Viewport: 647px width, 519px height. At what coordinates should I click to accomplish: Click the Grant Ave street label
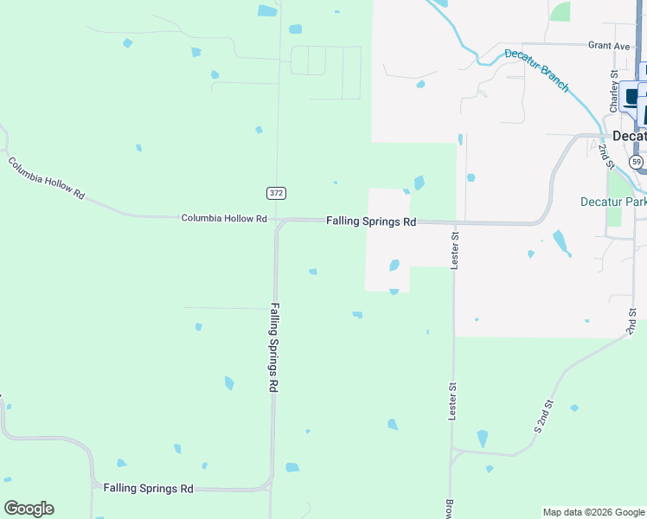(x=609, y=45)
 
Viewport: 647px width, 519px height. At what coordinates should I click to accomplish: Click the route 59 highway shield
(x=636, y=162)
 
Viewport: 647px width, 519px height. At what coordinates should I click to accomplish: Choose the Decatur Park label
(x=612, y=202)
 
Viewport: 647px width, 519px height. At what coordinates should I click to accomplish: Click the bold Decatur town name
(x=629, y=137)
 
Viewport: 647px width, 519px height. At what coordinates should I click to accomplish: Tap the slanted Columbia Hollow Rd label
(x=47, y=178)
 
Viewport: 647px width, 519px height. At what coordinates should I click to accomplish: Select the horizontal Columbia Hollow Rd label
(x=223, y=219)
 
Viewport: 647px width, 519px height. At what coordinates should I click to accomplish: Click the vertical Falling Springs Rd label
(x=274, y=348)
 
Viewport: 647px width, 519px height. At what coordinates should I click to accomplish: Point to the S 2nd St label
(x=543, y=416)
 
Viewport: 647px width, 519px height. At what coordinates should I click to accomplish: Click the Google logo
(x=29, y=509)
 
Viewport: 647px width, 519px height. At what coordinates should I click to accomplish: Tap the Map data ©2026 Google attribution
(x=593, y=512)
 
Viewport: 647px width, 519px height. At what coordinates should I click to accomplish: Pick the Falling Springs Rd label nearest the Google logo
(x=148, y=489)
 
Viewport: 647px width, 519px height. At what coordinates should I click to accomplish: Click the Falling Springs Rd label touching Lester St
(x=371, y=221)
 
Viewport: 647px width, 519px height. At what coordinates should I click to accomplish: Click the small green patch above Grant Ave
(x=561, y=11)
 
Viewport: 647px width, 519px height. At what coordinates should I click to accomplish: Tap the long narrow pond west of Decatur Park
(x=561, y=241)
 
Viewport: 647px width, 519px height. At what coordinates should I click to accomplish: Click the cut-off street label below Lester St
(x=450, y=509)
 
